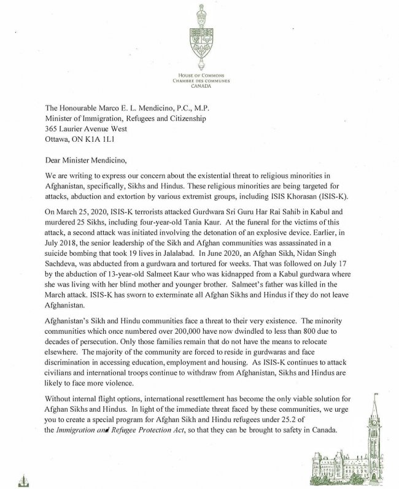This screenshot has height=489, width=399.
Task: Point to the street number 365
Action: point(36,129)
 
